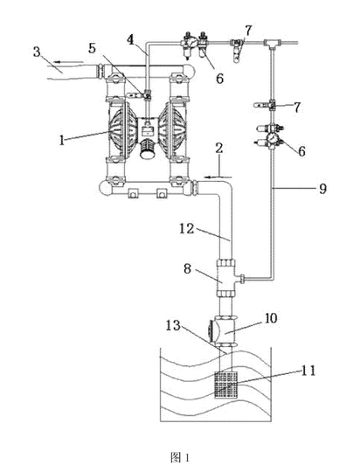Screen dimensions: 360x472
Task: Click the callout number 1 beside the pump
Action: point(62,140)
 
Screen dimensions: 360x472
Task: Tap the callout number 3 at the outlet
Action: point(37,52)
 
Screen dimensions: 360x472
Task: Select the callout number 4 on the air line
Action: point(130,39)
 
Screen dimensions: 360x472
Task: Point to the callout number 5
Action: point(93,48)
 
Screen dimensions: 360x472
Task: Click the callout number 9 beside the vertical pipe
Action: point(322,189)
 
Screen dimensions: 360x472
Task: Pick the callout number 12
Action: point(187,229)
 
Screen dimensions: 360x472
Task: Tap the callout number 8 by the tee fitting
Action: point(188,268)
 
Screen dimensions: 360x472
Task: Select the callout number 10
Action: point(271,318)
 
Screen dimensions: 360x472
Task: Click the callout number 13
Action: point(173,325)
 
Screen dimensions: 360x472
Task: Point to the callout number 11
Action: point(308,371)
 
